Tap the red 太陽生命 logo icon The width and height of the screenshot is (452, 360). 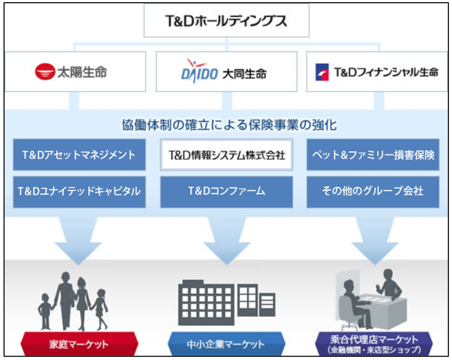click(45, 72)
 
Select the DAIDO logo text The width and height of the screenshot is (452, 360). click(199, 72)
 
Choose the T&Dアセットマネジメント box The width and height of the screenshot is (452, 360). click(79, 155)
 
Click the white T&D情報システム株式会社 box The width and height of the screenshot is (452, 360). click(226, 155)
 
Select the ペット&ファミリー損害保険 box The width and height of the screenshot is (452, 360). click(373, 155)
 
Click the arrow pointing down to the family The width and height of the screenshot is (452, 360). click(77, 240)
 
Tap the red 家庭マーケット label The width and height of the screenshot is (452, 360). click(79, 344)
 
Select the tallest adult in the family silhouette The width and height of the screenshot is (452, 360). click(64, 298)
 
